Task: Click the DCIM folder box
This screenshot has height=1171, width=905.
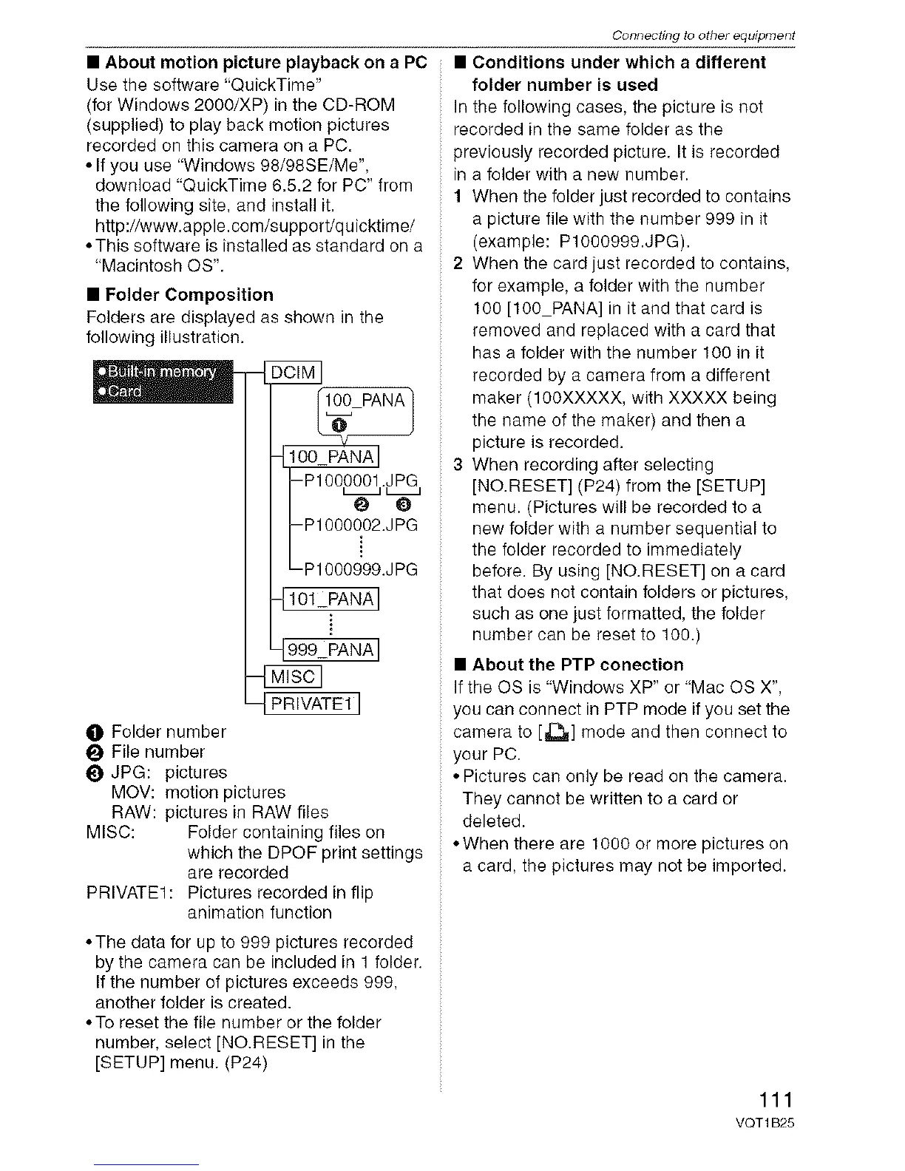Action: point(294,373)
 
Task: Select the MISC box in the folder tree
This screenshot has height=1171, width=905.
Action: point(294,676)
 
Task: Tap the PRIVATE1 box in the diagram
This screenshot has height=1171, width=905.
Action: point(313,703)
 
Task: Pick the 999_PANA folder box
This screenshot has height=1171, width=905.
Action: point(331,650)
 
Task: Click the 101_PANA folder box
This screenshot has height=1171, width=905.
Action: point(331,598)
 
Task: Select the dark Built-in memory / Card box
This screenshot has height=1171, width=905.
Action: point(163,382)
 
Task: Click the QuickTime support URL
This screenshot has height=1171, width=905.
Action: point(255,225)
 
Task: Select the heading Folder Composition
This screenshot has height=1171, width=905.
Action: point(189,295)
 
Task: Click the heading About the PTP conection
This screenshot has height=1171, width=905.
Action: point(577,665)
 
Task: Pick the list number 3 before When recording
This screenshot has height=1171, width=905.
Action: point(458,465)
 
